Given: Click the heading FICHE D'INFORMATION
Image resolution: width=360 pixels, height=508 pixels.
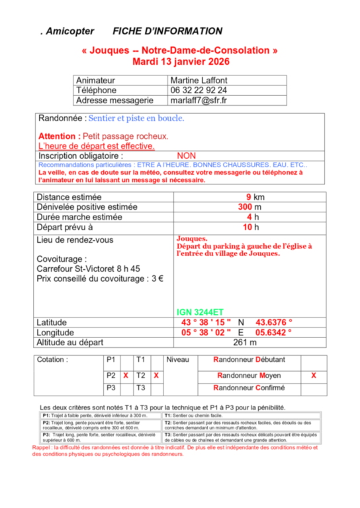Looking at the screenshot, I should [x=167, y=31].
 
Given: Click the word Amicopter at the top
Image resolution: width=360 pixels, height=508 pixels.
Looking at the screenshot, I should [x=70, y=31].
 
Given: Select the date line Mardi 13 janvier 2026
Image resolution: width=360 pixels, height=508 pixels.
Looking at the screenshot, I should [x=180, y=62].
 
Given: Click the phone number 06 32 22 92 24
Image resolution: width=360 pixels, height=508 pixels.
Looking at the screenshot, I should [x=199, y=90].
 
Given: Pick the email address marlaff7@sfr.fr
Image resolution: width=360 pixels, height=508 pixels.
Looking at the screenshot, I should [x=199, y=101].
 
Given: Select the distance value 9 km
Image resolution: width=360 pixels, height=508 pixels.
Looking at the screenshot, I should [x=255, y=197].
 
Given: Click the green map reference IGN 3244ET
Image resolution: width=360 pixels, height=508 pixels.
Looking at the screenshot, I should [x=200, y=312].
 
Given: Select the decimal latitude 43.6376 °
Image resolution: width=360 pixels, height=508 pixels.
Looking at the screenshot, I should [x=274, y=322].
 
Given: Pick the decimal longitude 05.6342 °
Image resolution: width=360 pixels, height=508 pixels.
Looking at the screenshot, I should [x=274, y=332].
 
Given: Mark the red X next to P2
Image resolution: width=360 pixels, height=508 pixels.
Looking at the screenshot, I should [x=125, y=375].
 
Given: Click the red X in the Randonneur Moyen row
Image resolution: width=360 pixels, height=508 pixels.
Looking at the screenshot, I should [x=314, y=375].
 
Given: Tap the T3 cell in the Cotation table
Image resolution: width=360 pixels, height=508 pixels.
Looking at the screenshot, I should [x=140, y=388].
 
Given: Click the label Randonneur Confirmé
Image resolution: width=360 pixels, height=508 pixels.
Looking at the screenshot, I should [x=249, y=388].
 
